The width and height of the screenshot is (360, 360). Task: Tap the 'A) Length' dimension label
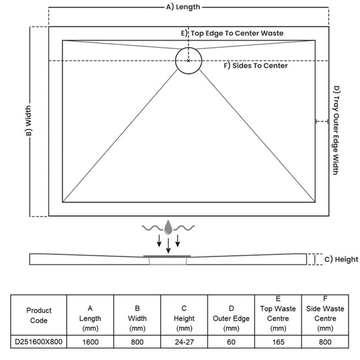click(x=183, y=7)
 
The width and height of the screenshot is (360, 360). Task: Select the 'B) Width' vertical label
click(x=28, y=120)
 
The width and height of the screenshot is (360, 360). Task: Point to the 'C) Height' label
click(x=341, y=260)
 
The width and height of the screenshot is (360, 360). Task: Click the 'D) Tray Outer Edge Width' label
click(x=336, y=131)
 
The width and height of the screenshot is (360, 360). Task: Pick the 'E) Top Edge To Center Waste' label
click(x=232, y=33)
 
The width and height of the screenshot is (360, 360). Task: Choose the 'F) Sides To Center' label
click(x=256, y=66)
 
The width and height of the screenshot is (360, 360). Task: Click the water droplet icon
click(x=168, y=227)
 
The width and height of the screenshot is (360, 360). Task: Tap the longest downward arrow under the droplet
click(x=168, y=246)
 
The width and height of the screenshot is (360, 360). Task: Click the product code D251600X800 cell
click(x=38, y=342)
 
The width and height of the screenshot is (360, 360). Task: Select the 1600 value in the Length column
click(x=90, y=342)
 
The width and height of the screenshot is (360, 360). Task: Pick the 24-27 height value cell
click(x=184, y=342)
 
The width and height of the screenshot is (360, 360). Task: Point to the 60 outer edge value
click(x=231, y=342)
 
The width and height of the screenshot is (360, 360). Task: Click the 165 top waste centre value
click(x=279, y=342)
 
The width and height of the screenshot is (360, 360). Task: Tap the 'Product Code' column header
click(x=38, y=316)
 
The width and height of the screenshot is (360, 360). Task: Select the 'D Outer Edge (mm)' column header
click(x=231, y=318)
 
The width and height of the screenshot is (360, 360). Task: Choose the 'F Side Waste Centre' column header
click(x=325, y=314)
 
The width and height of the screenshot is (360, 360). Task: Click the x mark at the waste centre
click(x=188, y=61)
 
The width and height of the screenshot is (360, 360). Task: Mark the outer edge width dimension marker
click(x=322, y=121)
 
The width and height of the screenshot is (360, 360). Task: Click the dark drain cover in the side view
click(x=167, y=256)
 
